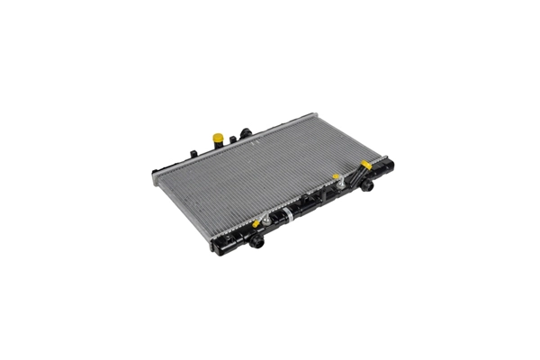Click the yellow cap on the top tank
[x=218, y=139]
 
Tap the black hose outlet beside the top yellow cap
[x=244, y=134]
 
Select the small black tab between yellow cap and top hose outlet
[x=232, y=139]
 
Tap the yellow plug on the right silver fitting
[x=337, y=177]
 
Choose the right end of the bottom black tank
[x=391, y=166]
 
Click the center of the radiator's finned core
[x=270, y=175]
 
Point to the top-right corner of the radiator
[x=315, y=115]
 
